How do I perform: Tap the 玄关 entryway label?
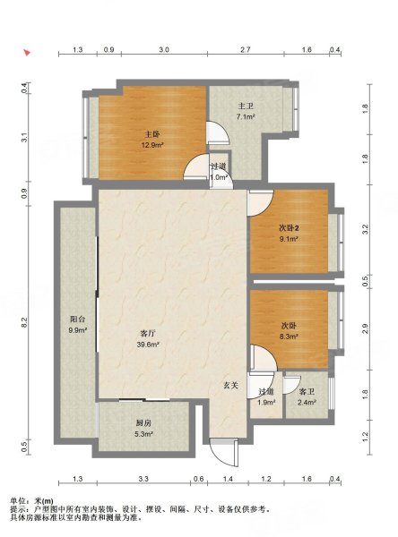pos(230,385)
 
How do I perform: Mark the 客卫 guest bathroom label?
pos(307,391)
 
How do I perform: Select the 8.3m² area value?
pos(288,338)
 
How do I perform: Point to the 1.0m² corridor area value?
pos(218,177)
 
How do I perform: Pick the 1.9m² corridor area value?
pos(266,402)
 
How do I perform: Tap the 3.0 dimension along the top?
pos(164,51)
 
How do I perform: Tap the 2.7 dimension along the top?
pos(245,51)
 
